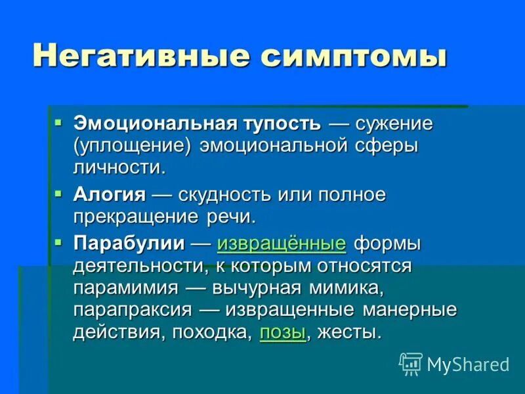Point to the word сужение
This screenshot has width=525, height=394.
[x=394, y=123]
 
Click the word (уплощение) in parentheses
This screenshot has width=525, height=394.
[x=131, y=145]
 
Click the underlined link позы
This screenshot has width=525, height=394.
[x=283, y=332]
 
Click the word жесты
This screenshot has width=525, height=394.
[x=348, y=332]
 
